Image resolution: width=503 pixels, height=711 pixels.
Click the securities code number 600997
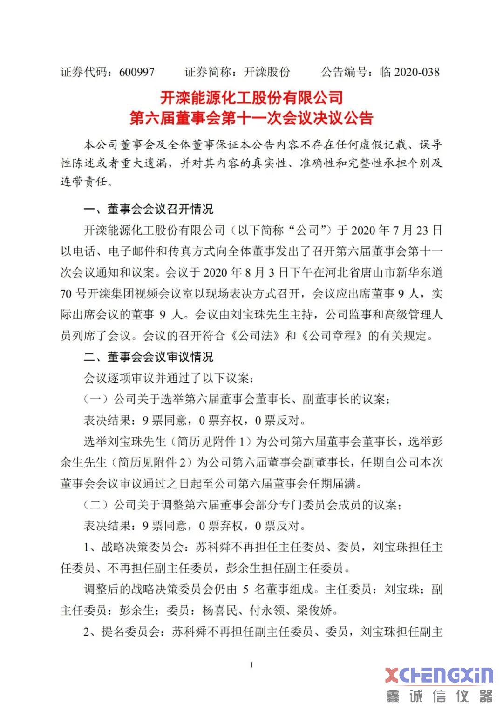tap(136, 72)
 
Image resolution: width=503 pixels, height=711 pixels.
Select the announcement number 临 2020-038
tap(409, 72)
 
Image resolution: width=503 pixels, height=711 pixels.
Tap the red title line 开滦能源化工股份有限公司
tap(251, 97)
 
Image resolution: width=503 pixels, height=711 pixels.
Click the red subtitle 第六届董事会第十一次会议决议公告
tap(251, 118)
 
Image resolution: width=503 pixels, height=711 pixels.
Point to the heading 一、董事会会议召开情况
tap(148, 209)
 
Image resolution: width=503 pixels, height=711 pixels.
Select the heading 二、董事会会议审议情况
tap(148, 357)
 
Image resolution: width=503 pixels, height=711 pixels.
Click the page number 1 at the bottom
tap(251, 665)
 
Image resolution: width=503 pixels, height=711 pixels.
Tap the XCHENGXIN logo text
tap(439, 675)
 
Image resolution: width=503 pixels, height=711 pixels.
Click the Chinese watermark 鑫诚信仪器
tap(439, 697)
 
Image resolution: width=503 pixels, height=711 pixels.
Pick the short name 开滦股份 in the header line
tap(267, 72)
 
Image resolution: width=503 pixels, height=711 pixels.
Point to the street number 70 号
tap(74, 294)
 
